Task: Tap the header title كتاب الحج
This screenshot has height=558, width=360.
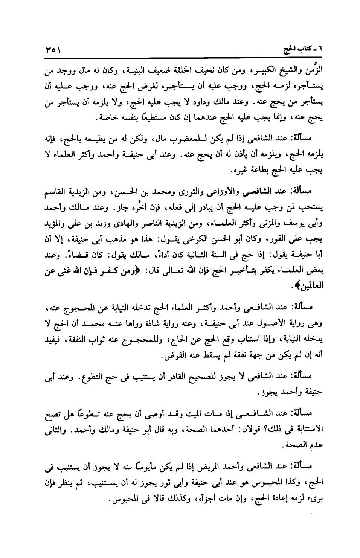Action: pyautogui.click(x=297, y=50)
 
